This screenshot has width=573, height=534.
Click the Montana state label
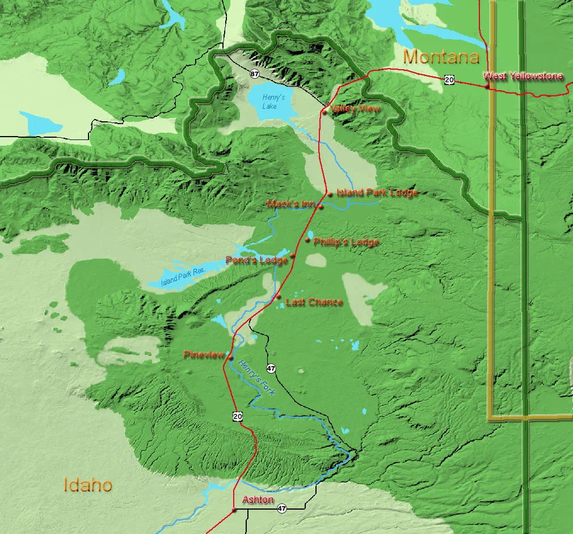441,57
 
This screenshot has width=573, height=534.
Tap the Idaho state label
87,485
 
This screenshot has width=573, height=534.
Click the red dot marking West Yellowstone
487,86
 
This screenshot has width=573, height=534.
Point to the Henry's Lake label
273,100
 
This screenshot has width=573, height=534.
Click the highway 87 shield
255,74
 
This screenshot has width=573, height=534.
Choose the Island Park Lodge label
377,193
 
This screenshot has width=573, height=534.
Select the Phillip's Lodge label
346,242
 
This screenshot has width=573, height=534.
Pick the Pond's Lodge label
256,260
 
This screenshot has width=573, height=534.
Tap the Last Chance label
314,302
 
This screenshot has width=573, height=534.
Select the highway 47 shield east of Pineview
271,368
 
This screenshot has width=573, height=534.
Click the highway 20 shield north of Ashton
237,417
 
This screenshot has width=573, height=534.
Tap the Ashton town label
258,500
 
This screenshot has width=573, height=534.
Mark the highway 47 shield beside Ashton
282,508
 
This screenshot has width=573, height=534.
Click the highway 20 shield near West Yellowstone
449,80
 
